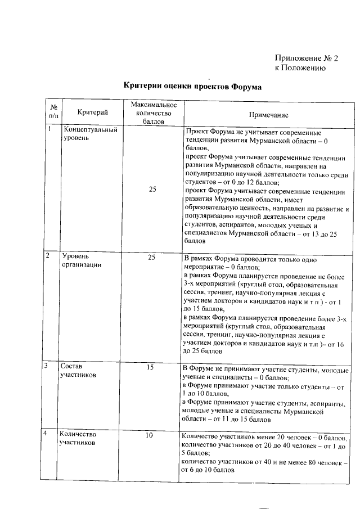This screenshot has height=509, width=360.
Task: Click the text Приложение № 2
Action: coord(307,58)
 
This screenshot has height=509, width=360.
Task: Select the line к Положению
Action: coord(300,68)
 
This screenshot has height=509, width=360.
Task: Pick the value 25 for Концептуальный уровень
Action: coord(153,190)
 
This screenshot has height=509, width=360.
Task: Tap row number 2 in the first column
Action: coord(49,256)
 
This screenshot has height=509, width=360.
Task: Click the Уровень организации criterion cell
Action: coord(82,261)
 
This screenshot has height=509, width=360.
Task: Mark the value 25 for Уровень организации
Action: coord(151,258)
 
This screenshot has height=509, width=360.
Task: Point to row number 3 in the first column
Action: coord(49,367)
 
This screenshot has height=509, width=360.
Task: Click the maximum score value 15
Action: coord(150,367)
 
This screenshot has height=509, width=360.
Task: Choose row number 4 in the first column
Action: coord(49,435)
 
